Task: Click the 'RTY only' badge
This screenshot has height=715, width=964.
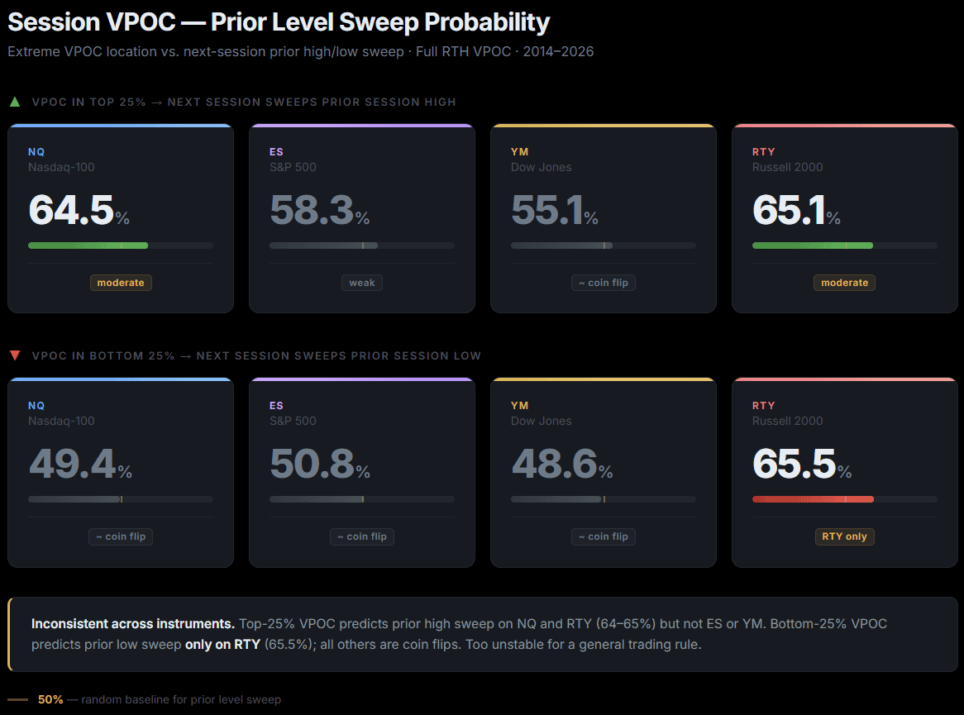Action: click(844, 536)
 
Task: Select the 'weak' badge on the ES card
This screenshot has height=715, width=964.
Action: click(362, 283)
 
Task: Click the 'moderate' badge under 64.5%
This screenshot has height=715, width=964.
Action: click(121, 283)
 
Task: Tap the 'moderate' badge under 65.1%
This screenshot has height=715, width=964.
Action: click(844, 283)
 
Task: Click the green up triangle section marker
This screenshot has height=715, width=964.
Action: click(14, 102)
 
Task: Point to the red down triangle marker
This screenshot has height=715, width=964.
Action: click(14, 356)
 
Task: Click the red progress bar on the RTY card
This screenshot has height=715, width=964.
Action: click(813, 499)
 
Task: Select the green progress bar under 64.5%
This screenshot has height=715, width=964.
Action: click(88, 245)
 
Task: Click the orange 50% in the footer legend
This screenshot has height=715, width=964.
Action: click(50, 699)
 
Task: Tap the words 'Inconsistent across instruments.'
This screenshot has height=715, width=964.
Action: click(132, 623)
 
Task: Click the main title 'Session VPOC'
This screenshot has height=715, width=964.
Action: click(91, 22)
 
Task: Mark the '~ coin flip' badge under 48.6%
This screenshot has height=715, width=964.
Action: click(604, 536)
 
